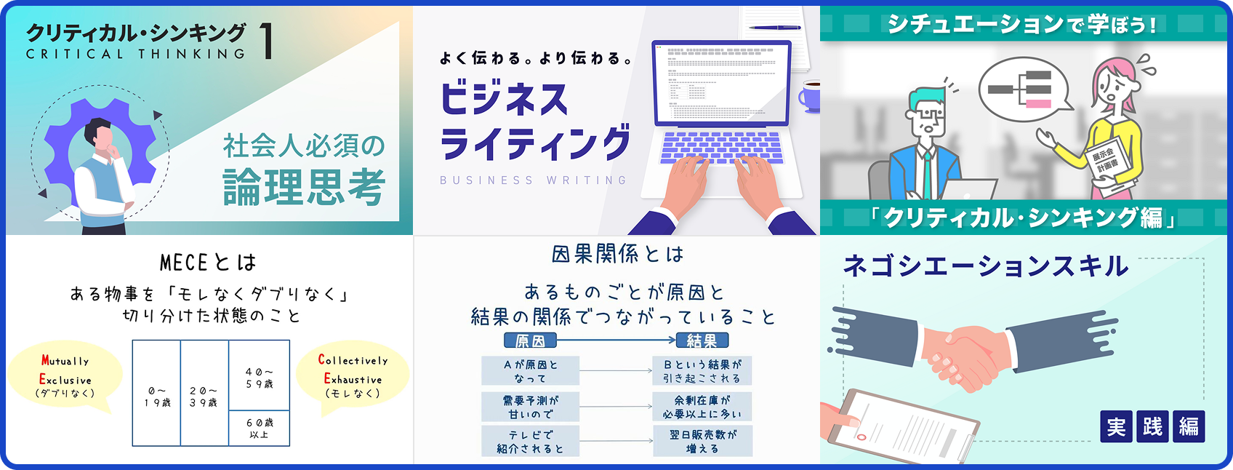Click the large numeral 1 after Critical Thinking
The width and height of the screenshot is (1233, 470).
267,41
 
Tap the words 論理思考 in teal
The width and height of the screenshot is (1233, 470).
303,187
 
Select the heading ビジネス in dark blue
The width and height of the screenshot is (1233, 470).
504,99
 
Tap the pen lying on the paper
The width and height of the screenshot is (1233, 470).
774,28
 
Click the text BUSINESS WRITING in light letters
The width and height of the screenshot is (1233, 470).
533,180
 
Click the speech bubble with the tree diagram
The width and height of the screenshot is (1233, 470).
1022,89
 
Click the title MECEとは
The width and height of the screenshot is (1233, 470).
208,262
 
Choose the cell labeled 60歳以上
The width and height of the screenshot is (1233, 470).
260,428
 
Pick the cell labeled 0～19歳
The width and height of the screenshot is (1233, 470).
156,396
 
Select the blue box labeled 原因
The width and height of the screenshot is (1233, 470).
530,340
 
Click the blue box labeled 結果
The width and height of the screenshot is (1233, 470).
702,340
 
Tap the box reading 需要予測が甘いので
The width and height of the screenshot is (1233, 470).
530,407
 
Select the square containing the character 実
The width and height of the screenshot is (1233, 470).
1116,426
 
